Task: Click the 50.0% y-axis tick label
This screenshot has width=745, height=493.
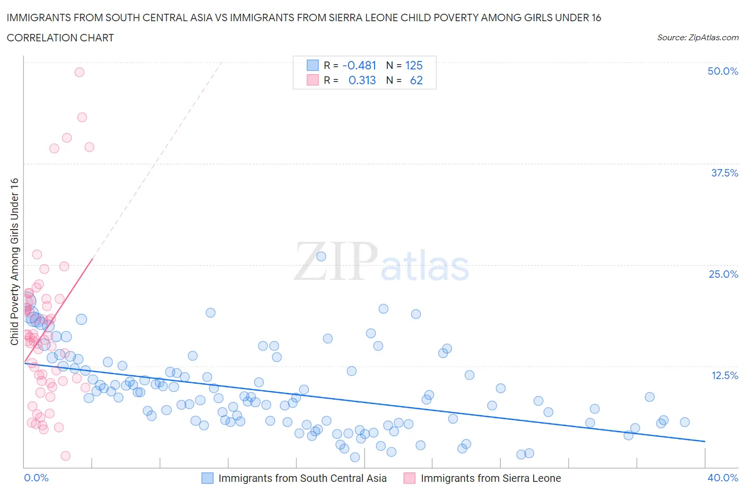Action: pos(722,71)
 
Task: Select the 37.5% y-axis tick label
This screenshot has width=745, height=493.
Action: pos(724,173)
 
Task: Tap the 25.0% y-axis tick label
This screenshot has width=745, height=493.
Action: pos(723,274)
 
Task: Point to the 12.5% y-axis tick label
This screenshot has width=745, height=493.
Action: pos(724,375)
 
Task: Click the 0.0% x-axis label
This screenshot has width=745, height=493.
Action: pos(36,478)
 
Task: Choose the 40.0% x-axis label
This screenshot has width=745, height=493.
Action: pos(723,478)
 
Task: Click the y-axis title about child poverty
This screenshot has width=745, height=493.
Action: pos(15,261)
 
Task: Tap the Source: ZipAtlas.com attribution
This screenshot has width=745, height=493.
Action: pos(697,37)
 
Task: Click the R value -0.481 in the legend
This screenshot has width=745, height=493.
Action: pos(359,65)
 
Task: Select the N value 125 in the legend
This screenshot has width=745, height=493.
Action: pos(414,65)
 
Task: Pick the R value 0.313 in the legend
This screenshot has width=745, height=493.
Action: pos(362,80)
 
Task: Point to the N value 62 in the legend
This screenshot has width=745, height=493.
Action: pos(416,80)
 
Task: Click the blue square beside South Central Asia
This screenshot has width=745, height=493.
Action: pos(207,478)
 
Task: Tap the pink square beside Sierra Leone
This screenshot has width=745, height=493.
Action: pos(410,478)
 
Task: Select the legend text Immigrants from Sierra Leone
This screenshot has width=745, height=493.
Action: pos(491,478)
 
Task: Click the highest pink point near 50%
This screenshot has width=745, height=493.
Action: pos(79,72)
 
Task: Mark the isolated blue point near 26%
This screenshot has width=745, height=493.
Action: pos(321,257)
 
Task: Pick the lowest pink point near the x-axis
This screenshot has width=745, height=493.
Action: pos(66,456)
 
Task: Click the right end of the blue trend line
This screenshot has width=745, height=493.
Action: pos(705,441)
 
